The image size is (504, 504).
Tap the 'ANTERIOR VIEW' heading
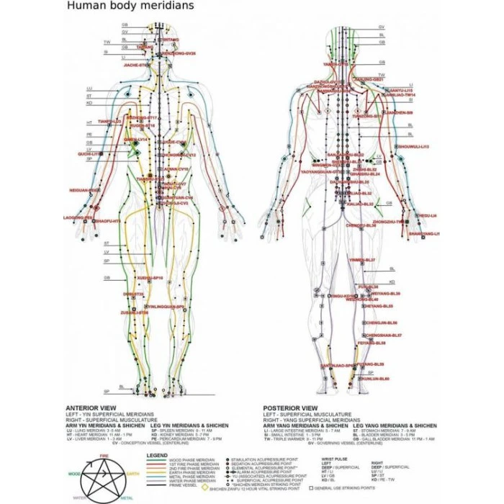pos(86,406)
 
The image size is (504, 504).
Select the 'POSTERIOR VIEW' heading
pos(287,406)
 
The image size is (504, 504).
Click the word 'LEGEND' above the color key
pos(157,455)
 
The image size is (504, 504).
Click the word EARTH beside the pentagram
pos(132,473)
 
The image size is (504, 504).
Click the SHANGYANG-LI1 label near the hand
pos(423,233)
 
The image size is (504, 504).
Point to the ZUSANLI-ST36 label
pos(135,312)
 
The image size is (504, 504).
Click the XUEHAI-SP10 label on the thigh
pos(150,277)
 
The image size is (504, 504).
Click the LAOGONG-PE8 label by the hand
pos(78,217)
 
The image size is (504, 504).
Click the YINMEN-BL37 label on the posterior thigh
pos(362,260)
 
